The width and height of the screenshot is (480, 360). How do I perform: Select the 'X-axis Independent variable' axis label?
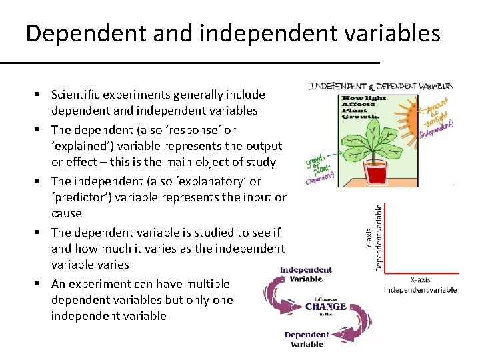[420, 285]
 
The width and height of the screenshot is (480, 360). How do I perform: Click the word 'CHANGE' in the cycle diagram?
[325, 307]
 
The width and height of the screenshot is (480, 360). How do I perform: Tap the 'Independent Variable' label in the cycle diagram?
[306, 274]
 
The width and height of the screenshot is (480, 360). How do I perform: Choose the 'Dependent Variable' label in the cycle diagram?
[307, 339]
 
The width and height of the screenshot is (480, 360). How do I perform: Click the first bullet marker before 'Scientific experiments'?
[41, 95]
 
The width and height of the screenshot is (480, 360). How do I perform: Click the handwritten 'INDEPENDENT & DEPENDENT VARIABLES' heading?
[381, 86]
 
